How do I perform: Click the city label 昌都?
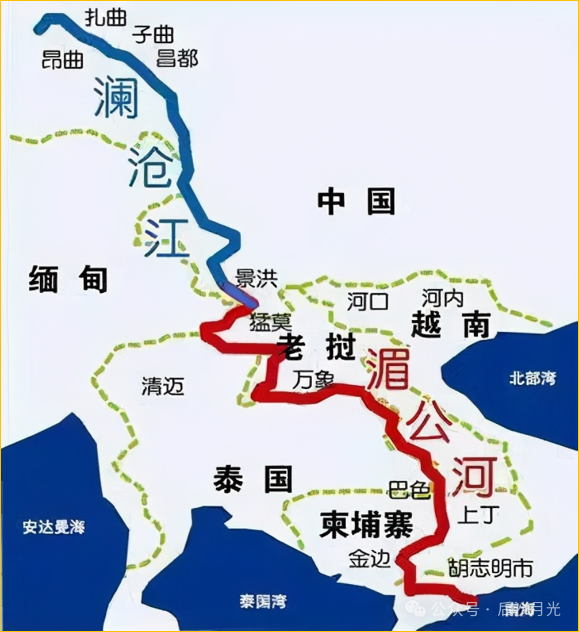click(x=177, y=59)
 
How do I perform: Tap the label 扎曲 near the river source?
click(x=105, y=17)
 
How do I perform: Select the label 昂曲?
click(x=63, y=59)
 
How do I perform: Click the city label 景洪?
click(x=256, y=279)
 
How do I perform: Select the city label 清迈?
click(x=163, y=386)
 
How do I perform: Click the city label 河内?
click(x=442, y=298)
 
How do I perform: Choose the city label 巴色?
click(x=409, y=490)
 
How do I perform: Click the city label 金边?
click(x=369, y=559)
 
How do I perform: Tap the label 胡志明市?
click(x=490, y=568)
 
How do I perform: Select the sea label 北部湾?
click(x=533, y=378)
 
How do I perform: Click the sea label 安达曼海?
click(x=54, y=527)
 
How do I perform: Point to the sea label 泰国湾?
click(x=263, y=602)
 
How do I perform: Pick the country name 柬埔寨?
click(x=366, y=525)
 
